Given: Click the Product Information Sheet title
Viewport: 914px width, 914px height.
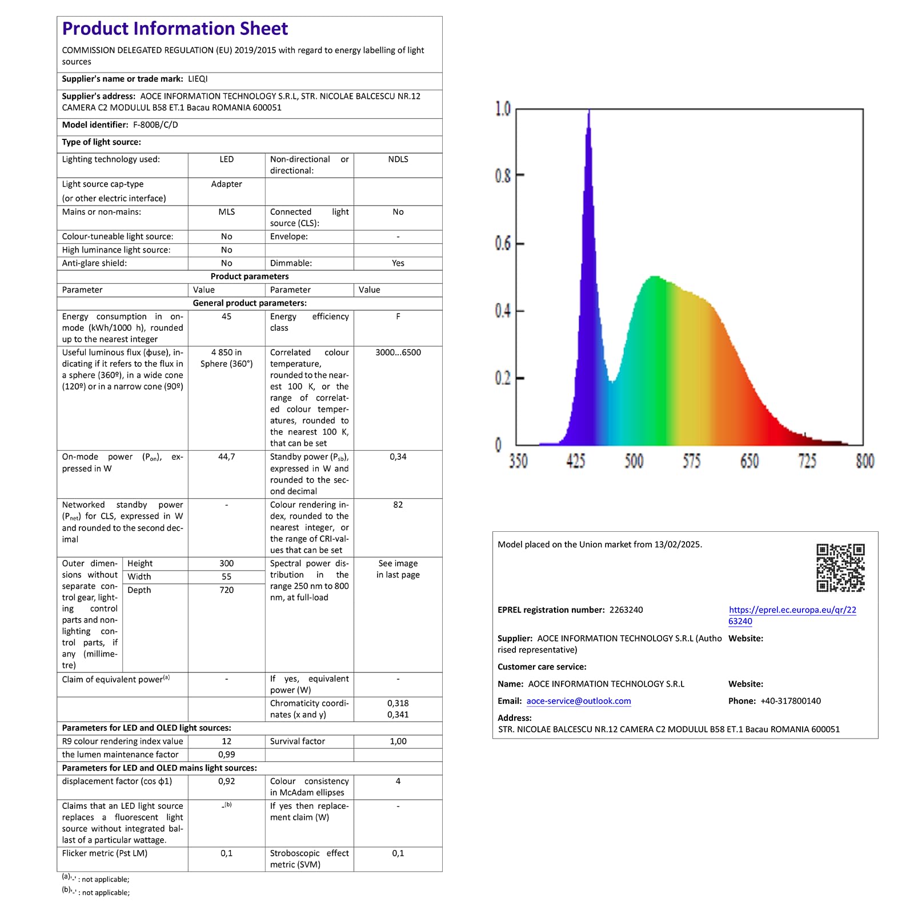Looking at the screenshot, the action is click(x=175, y=29).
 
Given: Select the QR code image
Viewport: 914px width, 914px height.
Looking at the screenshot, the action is click(x=840, y=567).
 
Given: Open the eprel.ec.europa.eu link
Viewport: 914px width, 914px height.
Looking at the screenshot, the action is click(x=792, y=615).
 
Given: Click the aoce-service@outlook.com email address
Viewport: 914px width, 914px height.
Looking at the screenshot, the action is click(x=579, y=701).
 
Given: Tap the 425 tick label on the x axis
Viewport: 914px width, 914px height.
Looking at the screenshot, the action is click(x=576, y=461).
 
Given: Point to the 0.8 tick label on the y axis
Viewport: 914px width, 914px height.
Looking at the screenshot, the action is click(x=503, y=176).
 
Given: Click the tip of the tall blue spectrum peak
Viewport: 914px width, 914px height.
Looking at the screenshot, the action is click(x=589, y=110).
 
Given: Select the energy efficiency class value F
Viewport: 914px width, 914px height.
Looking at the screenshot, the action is click(x=398, y=316).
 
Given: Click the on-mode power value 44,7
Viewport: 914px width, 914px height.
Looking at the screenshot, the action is click(x=226, y=457).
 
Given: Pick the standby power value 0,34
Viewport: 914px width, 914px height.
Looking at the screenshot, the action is click(x=398, y=457).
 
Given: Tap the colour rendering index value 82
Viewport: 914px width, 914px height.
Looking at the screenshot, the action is click(x=398, y=505).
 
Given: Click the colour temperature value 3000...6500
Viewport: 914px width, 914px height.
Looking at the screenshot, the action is click(x=398, y=352).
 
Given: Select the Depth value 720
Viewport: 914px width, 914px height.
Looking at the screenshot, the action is click(x=226, y=590).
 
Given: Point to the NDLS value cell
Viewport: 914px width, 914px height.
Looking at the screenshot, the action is click(x=398, y=159).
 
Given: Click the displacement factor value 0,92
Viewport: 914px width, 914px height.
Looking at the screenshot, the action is click(x=226, y=781).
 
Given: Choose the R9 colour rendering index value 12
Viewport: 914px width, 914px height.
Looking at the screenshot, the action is click(x=226, y=741).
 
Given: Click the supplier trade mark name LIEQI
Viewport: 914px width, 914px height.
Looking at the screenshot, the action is click(x=198, y=79).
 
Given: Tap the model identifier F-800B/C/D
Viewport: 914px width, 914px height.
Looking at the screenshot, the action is click(x=155, y=125).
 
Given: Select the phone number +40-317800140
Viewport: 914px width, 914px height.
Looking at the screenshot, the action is click(x=791, y=701).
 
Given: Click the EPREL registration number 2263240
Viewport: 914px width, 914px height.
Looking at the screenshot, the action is click(x=626, y=610).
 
